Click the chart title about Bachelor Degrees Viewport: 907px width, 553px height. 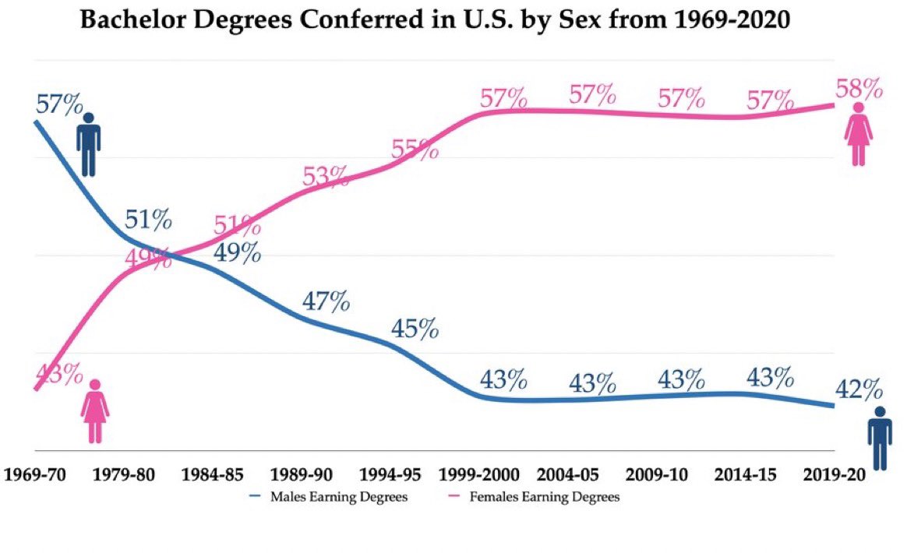pos(436,21)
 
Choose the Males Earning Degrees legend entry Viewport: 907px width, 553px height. pos(327,497)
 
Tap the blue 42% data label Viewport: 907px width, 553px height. pos(858,387)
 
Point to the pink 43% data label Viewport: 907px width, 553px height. pos(58,374)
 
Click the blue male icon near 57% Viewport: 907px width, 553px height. pos(88,144)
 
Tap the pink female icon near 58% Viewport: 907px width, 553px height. pos(859,134)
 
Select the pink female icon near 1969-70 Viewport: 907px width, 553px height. pos(95,411)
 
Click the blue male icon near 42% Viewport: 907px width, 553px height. pos(881,438)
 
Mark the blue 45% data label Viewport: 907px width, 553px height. pos(415,329)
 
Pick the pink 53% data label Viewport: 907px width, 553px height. pos(326,177)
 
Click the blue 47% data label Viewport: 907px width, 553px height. pos(326,301)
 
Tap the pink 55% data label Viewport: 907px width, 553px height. pos(415,149)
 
